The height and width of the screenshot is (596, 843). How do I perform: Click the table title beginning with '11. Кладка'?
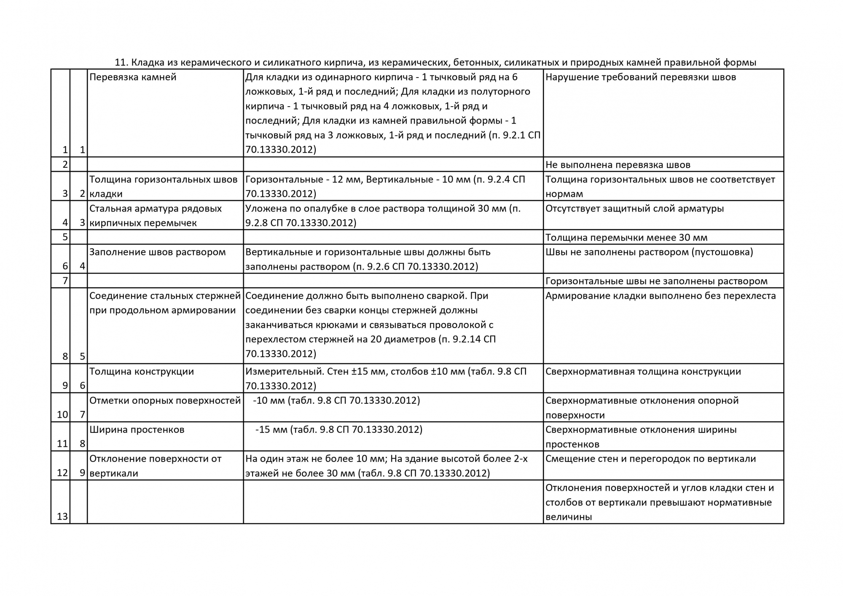click(x=435, y=63)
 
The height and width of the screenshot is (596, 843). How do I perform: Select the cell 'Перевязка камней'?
click(x=133, y=78)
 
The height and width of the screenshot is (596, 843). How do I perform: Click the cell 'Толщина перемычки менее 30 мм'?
click(x=626, y=238)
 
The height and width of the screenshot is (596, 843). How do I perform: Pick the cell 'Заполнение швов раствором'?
click(x=158, y=252)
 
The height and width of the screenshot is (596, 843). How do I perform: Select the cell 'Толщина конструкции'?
click(x=142, y=372)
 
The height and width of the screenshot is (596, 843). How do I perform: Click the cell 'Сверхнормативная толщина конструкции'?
click(x=643, y=372)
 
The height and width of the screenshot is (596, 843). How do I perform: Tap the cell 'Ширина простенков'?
click(x=137, y=430)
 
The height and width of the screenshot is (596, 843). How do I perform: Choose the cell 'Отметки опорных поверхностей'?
click(x=165, y=401)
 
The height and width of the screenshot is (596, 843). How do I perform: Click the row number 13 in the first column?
click(x=62, y=517)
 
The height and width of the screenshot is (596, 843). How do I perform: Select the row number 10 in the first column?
click(x=62, y=415)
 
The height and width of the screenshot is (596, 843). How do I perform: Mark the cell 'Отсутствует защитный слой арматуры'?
click(x=634, y=209)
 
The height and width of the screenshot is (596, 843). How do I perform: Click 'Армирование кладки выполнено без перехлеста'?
click(x=660, y=296)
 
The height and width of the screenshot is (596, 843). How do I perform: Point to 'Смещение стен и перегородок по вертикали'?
click(x=650, y=459)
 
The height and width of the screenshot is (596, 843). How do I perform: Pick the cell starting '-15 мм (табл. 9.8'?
click(x=338, y=430)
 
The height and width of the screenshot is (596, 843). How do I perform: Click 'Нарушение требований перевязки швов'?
click(x=641, y=78)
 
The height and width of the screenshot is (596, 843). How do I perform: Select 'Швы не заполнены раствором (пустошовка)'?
click(x=649, y=252)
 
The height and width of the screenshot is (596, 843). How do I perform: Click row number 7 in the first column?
click(x=65, y=281)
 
